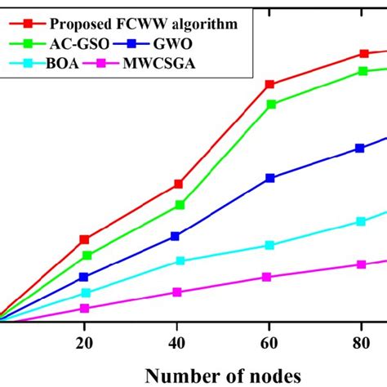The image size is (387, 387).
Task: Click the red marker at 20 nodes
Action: pyautogui.click(x=83, y=239)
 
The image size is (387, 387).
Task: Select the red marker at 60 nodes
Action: pyautogui.click(x=270, y=84)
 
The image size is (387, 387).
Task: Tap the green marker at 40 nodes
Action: pyautogui.click(x=180, y=205)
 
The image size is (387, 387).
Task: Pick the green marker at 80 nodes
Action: pyautogui.click(x=361, y=71)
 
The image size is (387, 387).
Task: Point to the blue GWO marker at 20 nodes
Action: pyautogui.click(x=83, y=277)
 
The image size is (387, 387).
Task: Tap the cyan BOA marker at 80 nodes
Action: pyautogui.click(x=361, y=221)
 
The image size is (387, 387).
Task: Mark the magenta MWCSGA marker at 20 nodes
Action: pyautogui.click(x=83, y=308)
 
